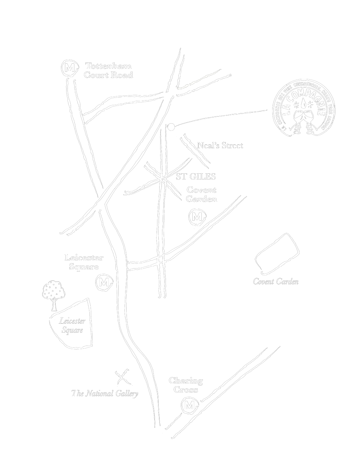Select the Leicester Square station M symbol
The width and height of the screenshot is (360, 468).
coord(104,283)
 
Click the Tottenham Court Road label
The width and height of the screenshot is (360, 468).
coord(108,71)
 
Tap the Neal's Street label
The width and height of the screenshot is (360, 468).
coord(220,145)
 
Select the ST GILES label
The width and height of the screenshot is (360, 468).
coord(196,177)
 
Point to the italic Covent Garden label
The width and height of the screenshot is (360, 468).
coord(276,282)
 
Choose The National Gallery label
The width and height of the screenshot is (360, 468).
coord(105,393)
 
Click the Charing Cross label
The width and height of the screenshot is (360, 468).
coord(186,385)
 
